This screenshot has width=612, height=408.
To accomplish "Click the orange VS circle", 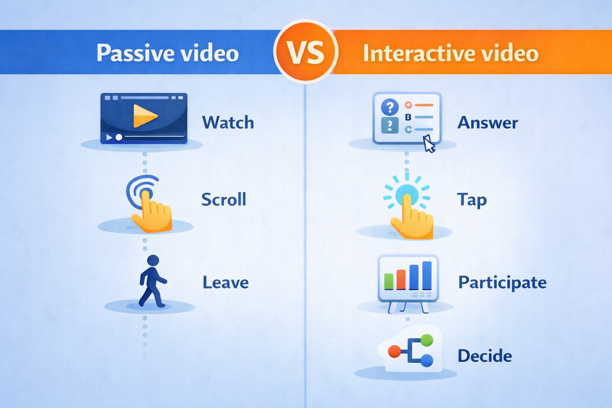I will point(306,52).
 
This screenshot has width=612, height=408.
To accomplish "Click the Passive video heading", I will point(167,53).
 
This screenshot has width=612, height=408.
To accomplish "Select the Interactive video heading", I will point(450,53).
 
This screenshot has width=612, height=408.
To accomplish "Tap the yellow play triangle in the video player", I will point(144,116).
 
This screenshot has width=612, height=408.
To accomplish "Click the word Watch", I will point(228,123).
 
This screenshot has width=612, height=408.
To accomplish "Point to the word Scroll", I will point(224,200).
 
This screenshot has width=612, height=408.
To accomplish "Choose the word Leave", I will point(226,282).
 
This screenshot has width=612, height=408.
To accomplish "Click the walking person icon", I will point(152,281).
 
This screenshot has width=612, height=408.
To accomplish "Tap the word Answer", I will point(488,123).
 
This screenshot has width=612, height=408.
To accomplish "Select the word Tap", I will point(472,200).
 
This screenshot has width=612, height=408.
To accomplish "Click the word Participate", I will point(502,282).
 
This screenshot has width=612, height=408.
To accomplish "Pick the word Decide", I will point(484,356).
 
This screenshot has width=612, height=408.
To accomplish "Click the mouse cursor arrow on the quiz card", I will point(428,144).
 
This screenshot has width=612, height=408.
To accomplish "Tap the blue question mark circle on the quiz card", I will point(390,107).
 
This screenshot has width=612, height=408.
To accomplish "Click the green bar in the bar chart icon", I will point(388,281).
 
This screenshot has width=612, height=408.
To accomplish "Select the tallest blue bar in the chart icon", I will point(427,275).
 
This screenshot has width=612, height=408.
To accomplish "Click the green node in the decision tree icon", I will point(427,340).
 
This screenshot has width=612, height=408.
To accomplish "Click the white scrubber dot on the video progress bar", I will point(119,137).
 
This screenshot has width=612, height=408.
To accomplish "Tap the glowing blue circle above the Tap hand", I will point(407,194).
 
